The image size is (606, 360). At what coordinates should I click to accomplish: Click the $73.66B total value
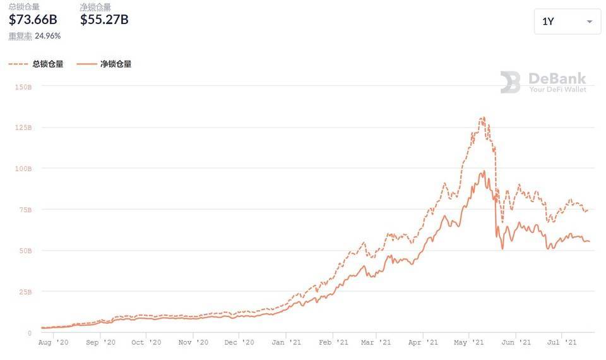(33, 20)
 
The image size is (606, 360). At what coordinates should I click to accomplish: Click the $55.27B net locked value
(104, 20)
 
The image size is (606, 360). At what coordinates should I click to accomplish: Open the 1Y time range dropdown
(567, 21)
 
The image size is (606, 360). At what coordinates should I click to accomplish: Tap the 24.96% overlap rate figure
(48, 36)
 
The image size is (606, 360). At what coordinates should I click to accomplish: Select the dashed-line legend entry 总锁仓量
(36, 64)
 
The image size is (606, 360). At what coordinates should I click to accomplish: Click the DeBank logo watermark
(511, 82)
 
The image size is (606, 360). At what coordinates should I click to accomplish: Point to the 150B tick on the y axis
(23, 87)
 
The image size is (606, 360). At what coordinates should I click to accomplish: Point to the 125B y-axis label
(23, 128)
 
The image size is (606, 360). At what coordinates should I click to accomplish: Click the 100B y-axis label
(23, 169)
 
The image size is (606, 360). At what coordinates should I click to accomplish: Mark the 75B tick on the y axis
(25, 210)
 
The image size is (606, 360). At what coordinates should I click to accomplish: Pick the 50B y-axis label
(25, 251)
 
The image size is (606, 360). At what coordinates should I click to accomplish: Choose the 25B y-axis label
(25, 292)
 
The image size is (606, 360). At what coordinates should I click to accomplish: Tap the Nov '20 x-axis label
(193, 342)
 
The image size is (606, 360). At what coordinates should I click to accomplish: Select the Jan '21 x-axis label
(287, 342)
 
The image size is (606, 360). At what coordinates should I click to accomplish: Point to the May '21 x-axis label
(469, 342)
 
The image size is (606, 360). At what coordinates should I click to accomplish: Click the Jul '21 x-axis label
(561, 342)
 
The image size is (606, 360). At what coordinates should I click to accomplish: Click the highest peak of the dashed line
(483, 117)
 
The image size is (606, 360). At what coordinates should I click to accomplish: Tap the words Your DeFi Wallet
(557, 90)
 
